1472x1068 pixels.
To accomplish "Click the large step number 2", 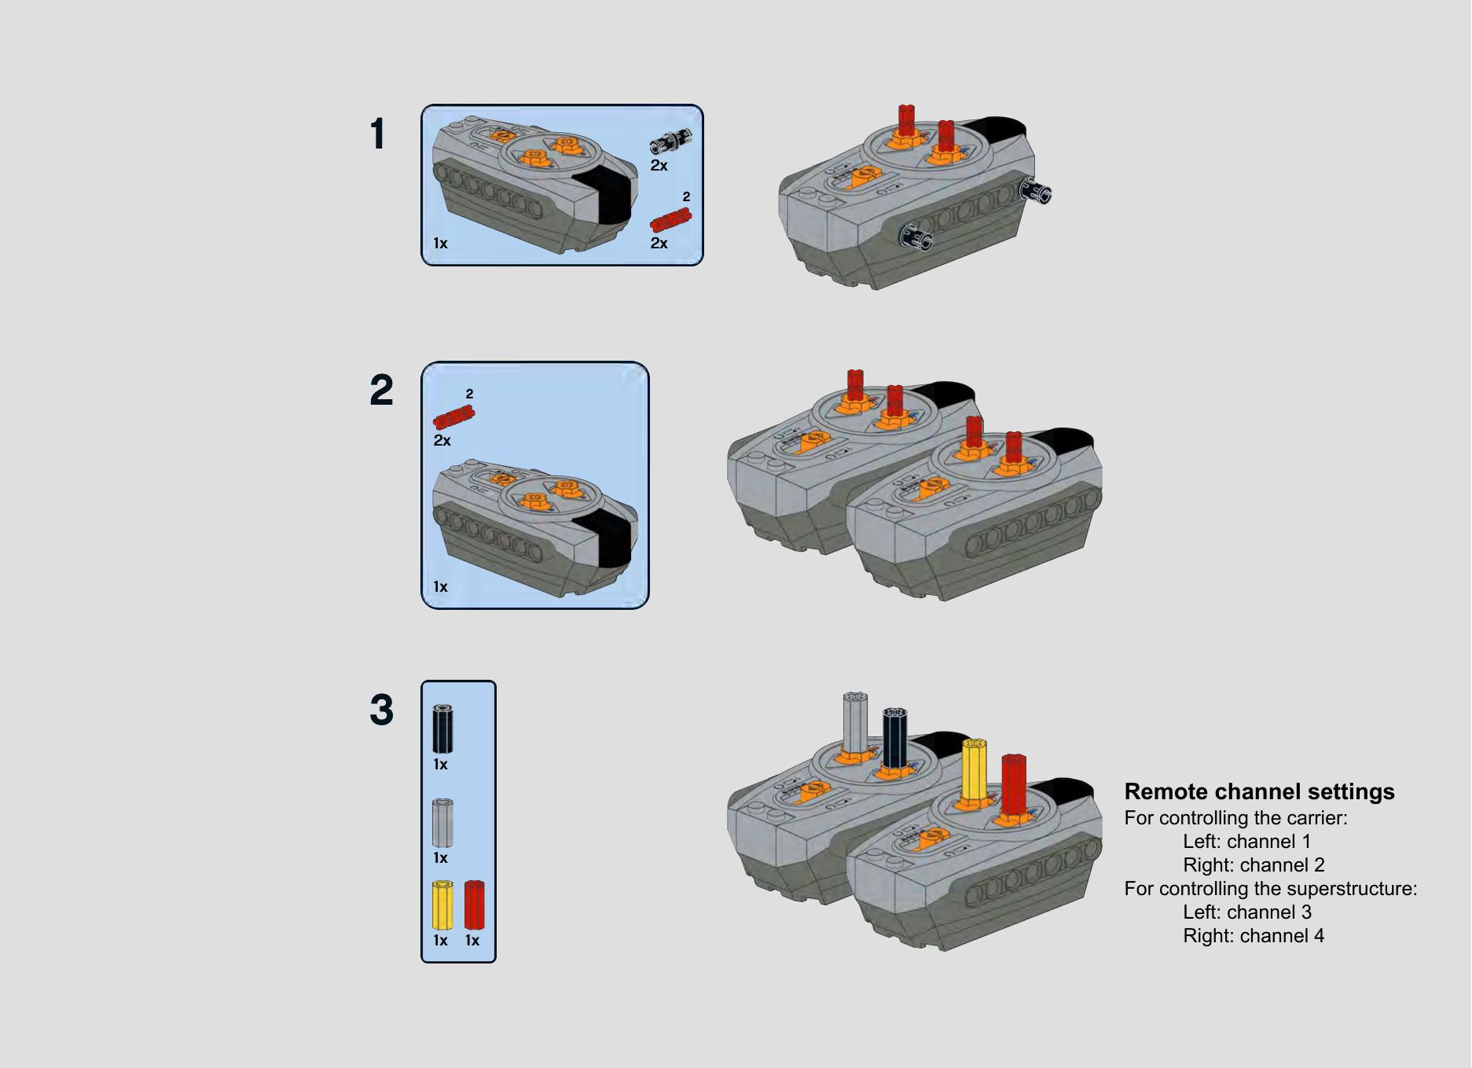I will click(381, 391).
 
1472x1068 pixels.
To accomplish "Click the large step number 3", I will click(381, 710).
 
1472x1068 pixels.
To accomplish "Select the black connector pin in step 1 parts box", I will click(670, 141).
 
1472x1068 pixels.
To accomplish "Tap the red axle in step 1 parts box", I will click(670, 220).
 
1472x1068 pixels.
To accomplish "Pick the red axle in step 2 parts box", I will click(453, 417).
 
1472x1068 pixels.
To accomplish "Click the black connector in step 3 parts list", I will click(442, 729).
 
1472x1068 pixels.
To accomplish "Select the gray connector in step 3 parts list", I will click(442, 822).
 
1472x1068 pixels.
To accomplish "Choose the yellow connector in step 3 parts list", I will click(442, 905).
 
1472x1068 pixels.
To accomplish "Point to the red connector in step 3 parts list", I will click(474, 905).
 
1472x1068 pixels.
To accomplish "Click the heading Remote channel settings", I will click(1259, 791).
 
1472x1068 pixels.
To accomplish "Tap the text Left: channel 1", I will click(1246, 842).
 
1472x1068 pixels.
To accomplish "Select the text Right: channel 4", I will click(1253, 936).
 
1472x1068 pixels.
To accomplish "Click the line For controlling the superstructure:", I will click(1270, 889).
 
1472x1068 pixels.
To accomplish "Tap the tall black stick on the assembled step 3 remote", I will click(894, 736).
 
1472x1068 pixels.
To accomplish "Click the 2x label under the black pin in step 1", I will click(659, 165).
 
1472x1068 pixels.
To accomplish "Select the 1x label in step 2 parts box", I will click(440, 587).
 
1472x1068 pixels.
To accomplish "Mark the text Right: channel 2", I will click(1254, 865).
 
